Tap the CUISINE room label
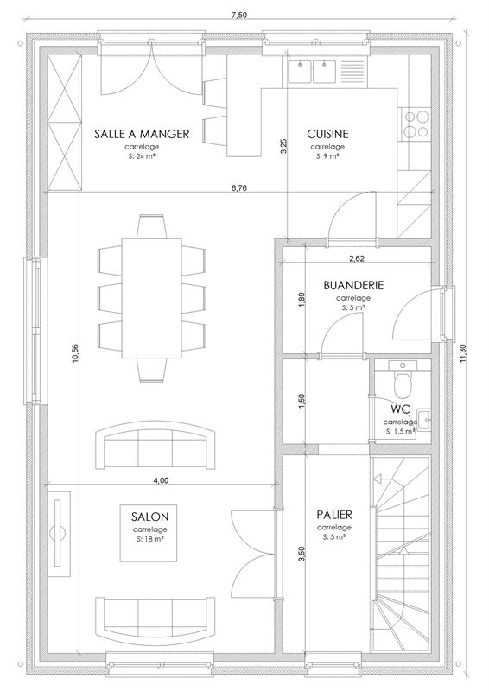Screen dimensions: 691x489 point(327,134)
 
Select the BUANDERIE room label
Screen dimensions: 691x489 point(352,284)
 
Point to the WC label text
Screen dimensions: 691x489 point(399,409)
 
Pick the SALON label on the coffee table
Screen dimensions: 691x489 point(150,516)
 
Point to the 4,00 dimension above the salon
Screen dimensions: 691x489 point(161,479)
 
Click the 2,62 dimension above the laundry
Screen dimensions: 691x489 point(357,257)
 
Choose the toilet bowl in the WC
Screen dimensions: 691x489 point(402,378)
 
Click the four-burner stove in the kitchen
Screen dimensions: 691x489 point(415,123)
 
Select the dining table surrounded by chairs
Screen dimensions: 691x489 point(152,298)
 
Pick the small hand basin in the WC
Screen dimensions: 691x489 point(423,417)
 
